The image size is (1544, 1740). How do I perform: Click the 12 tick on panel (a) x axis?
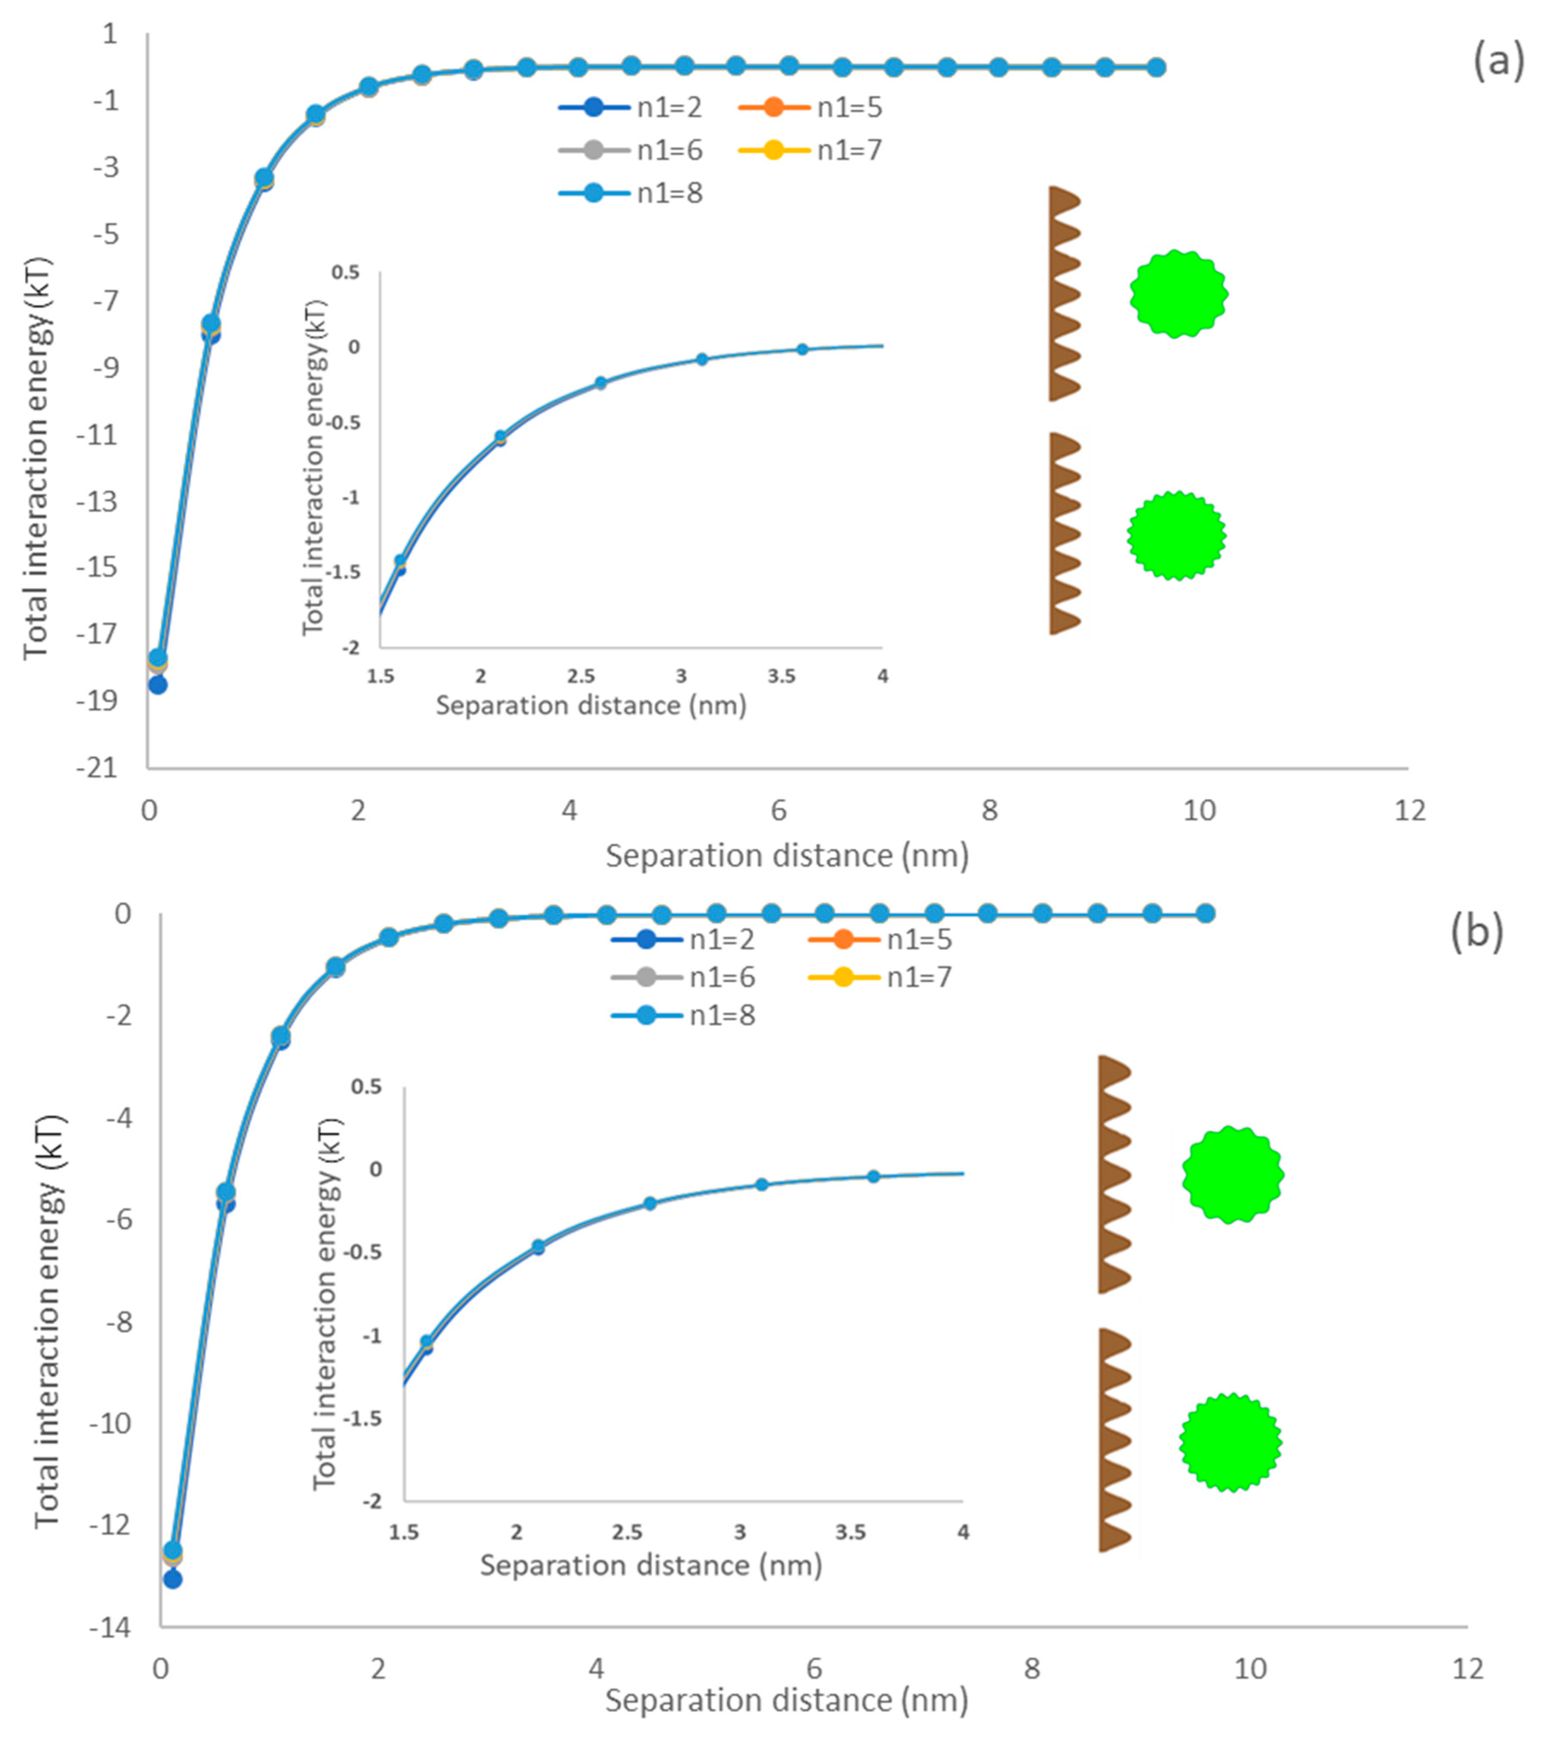pos(1409,810)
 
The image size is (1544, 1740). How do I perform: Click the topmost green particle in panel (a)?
pos(1179,294)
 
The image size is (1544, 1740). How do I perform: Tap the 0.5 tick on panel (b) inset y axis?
pos(366,1087)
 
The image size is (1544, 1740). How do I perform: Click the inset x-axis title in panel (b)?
pos(650,1565)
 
